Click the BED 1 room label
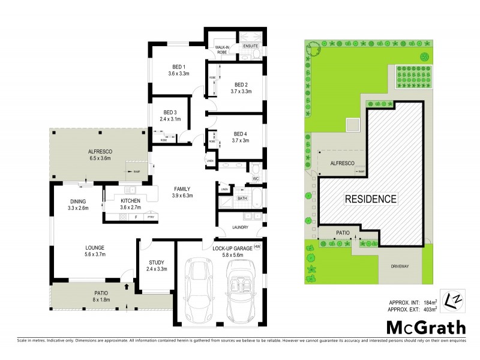[x=178, y=66]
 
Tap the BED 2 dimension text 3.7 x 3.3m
[x=241, y=92]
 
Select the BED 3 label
[x=170, y=112]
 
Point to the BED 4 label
[x=241, y=133]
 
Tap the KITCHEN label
[x=130, y=200]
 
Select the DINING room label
[x=77, y=201]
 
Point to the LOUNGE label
[x=78, y=247]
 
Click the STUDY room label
[x=157, y=262]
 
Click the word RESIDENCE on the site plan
[x=370, y=199]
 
